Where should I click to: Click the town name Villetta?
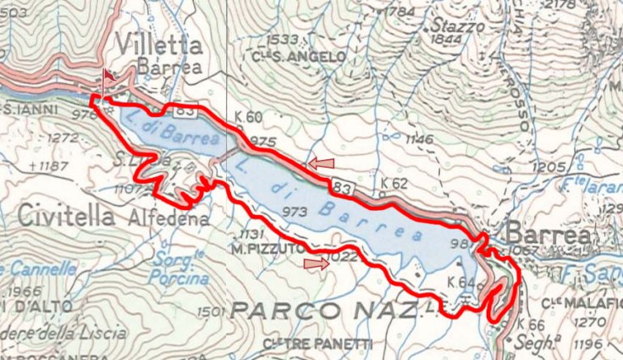159,45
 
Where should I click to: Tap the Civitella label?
65,216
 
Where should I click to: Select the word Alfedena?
168,219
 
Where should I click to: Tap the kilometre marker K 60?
251,118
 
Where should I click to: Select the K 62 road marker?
394,182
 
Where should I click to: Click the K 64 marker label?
460,281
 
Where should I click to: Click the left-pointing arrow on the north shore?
321,162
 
